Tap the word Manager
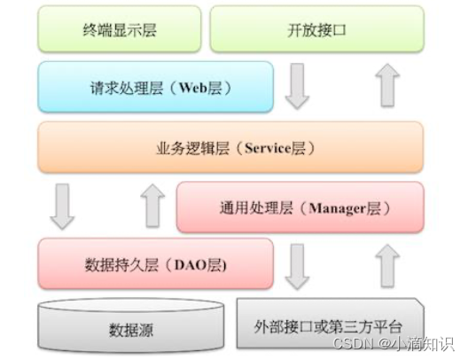point(331,208)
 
